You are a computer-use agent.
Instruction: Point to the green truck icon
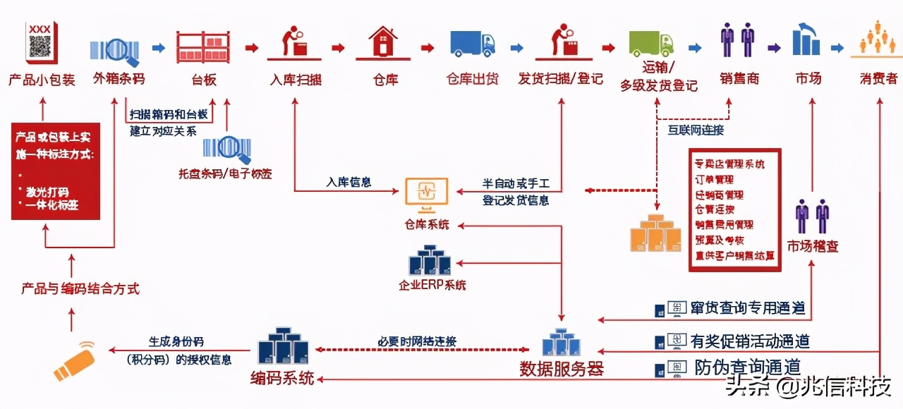[x=650, y=43]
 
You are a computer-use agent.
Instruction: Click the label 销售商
[x=739, y=78]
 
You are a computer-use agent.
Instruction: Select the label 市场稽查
[x=813, y=246]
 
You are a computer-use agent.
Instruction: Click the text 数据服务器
[x=562, y=368]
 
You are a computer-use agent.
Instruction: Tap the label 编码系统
[x=282, y=378]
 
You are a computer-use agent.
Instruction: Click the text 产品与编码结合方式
[x=80, y=288]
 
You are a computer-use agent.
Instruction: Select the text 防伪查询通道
[x=746, y=367]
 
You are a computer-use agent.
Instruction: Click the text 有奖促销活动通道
[x=750, y=341]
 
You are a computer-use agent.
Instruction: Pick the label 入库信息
[x=349, y=182]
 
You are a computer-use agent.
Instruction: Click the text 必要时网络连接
[x=417, y=341]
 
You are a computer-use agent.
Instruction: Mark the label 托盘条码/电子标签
[x=226, y=173]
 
